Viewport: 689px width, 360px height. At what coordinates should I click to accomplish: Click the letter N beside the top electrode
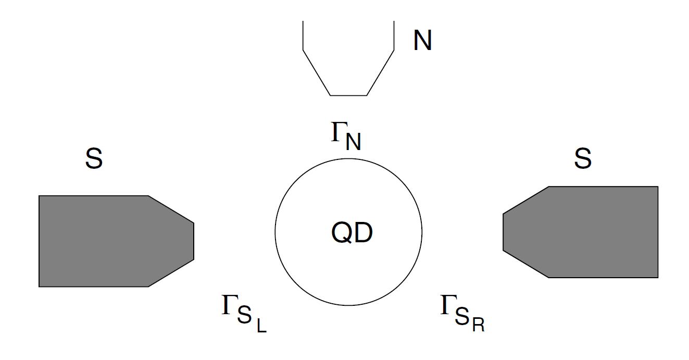(422, 40)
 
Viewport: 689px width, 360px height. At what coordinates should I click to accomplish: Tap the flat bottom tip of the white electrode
(348, 95)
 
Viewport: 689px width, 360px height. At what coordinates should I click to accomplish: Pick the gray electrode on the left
(104, 241)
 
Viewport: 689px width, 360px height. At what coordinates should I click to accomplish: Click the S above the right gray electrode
(583, 158)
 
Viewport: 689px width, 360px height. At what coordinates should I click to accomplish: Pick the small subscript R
(479, 326)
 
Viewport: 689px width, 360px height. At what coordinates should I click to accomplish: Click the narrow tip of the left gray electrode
(193, 241)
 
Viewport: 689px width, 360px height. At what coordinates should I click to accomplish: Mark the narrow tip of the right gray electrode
(504, 232)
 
